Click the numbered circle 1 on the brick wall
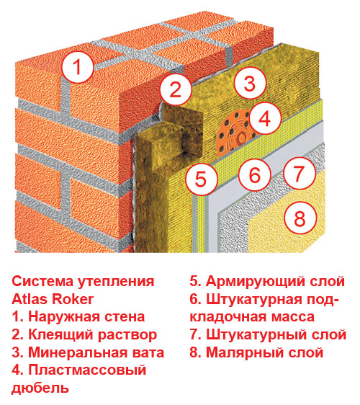click(78, 66)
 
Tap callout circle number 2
click(176, 89)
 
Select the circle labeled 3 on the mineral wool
click(250, 83)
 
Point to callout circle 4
click(265, 119)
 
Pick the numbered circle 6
click(255, 174)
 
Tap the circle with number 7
click(300, 173)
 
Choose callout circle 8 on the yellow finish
click(300, 218)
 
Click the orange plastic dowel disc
click(233, 134)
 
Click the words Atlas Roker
click(53, 299)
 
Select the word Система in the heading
click(42, 281)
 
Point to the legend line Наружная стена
click(78, 316)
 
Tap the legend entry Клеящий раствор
click(84, 335)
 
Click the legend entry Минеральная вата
click(88, 352)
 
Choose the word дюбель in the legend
click(40, 388)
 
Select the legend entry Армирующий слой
click(267, 282)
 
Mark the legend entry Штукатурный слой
click(268, 335)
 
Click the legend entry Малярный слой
click(256, 352)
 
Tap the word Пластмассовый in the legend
click(87, 370)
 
